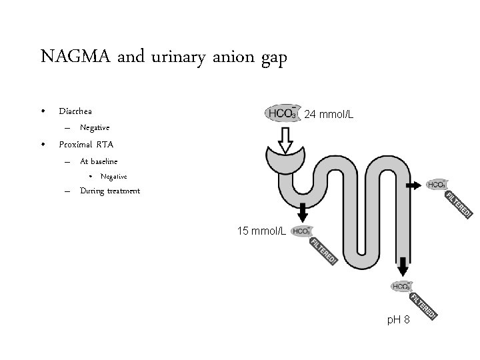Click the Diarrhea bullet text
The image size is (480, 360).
[75, 111]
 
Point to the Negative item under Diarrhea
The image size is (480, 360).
[94, 127]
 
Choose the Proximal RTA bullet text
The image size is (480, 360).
[86, 144]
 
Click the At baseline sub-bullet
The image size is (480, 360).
[99, 161]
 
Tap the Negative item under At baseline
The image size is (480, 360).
[113, 176]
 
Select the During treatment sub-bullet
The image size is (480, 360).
[110, 191]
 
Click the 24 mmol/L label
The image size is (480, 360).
[329, 115]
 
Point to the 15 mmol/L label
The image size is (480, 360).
[262, 231]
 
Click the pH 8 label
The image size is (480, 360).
[399, 322]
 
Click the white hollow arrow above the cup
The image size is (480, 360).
[286, 139]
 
